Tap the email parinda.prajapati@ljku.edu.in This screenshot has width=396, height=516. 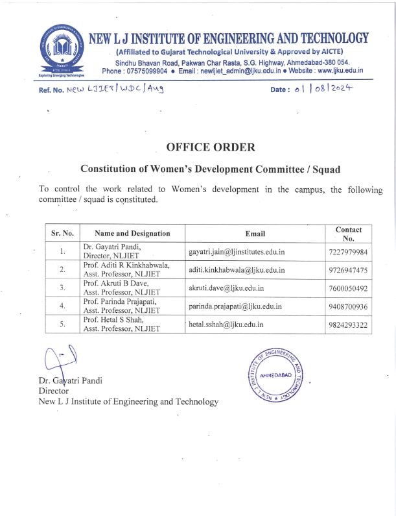(x=235, y=306)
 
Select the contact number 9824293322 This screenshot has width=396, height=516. (x=349, y=325)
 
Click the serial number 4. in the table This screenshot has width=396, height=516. (x=62, y=306)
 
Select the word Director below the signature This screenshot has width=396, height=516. (x=54, y=391)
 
